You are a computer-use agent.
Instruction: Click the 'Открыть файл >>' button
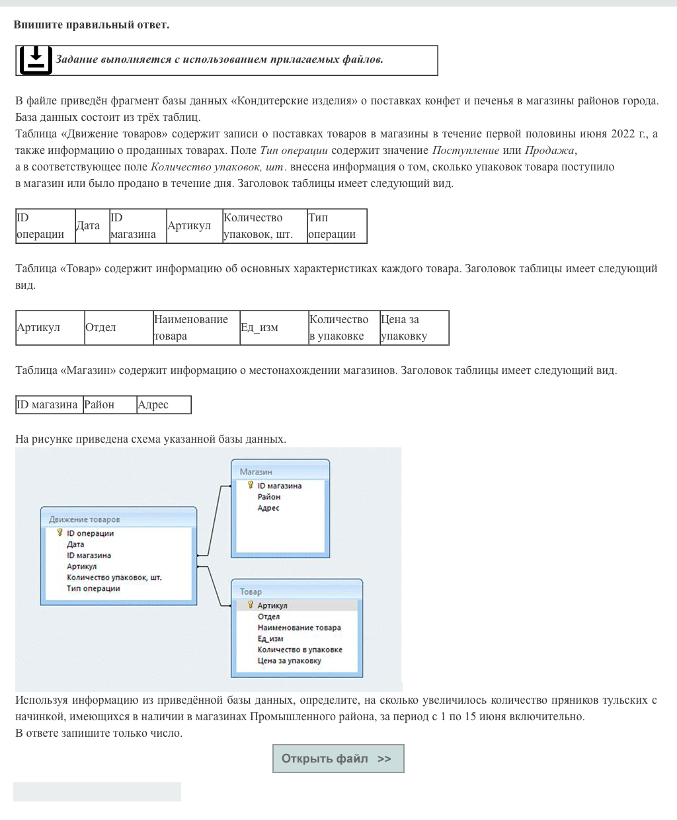pos(338,759)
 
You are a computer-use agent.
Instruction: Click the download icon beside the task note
pos(36,60)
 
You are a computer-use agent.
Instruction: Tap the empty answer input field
pos(97,792)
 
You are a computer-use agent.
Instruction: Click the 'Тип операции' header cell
pos(337,226)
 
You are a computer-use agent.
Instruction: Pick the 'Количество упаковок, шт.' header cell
pos(264,226)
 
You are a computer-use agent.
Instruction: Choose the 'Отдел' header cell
pos(118,328)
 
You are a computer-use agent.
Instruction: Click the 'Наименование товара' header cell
pos(196,328)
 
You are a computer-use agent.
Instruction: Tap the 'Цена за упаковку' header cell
pos(414,328)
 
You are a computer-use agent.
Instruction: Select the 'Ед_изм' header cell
pos(273,328)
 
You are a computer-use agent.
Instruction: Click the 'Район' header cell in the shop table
pos(109,404)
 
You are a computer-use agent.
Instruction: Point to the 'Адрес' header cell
pos(163,404)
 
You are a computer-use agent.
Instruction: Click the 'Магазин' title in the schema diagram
pos(256,472)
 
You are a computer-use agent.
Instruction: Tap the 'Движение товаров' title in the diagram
pos(85,519)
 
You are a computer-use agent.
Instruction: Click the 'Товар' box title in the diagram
pos(251,591)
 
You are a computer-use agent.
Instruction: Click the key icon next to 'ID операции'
pos(60,533)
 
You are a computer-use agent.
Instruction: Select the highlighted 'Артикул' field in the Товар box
pos(272,605)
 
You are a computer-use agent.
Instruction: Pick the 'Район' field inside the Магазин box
pos(269,497)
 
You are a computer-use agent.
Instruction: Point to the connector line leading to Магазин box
pos(214,519)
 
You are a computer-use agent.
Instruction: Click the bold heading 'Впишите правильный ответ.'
pos(91,25)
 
